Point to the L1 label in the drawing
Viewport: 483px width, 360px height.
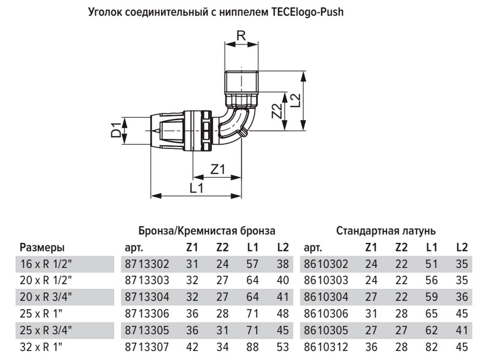tap(196, 188)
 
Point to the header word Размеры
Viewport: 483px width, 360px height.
tap(42, 248)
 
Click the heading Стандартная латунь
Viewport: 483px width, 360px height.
tap(386, 231)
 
